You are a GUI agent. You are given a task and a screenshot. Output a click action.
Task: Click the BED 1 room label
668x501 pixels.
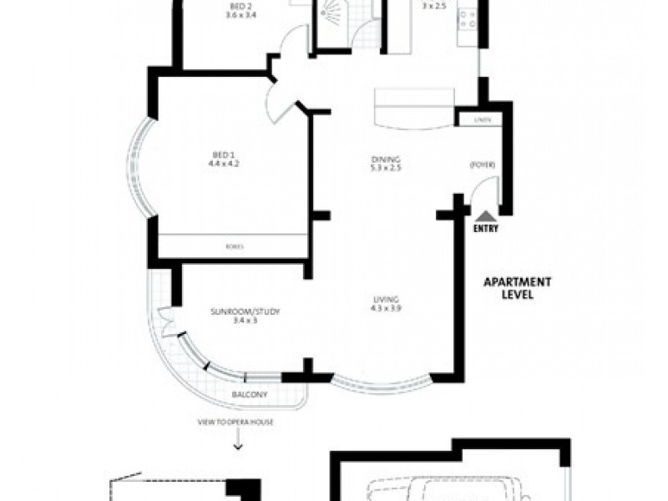tap(221, 154)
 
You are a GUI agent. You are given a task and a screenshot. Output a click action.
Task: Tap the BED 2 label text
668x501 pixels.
tap(236, 6)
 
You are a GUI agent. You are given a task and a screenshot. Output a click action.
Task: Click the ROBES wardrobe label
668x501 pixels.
tap(235, 246)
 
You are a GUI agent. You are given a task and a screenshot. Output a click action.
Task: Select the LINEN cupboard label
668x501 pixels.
tap(479, 120)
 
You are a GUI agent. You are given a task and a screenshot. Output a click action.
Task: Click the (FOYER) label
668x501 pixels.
tap(483, 164)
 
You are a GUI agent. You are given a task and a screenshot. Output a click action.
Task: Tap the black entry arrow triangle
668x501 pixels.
tap(485, 215)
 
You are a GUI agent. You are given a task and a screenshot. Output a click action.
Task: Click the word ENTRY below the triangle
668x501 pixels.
tap(485, 227)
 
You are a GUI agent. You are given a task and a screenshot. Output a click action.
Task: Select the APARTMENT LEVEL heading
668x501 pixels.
tap(509, 289)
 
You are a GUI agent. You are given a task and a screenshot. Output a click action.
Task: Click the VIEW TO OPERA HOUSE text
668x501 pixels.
tap(235, 423)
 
